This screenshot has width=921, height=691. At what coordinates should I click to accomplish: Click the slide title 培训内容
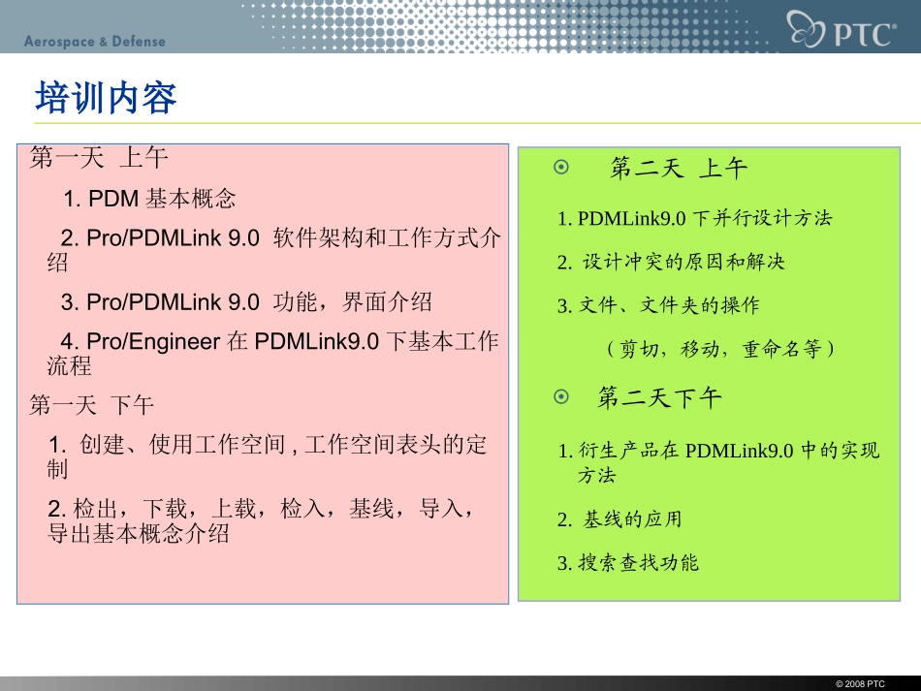106,99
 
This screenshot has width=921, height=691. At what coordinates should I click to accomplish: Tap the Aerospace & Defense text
95,42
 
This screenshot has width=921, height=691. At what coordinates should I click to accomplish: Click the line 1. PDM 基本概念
150,200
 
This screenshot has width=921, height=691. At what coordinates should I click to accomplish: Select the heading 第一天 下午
92,404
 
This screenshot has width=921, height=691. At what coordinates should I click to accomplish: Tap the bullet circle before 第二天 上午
560,168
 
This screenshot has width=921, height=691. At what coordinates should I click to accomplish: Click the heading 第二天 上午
679,169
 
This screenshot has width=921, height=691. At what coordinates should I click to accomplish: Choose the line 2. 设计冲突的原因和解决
671,262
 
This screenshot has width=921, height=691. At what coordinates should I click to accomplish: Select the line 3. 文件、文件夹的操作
658,305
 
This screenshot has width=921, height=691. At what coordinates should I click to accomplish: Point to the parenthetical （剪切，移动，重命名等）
718,348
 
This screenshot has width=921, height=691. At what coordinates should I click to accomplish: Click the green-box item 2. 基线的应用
619,519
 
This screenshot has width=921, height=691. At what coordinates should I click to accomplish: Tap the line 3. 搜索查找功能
627,563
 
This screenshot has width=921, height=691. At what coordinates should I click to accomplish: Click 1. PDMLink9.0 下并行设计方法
694,218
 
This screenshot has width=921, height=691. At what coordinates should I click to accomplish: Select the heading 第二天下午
659,397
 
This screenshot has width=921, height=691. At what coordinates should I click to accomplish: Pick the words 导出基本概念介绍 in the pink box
139,533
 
